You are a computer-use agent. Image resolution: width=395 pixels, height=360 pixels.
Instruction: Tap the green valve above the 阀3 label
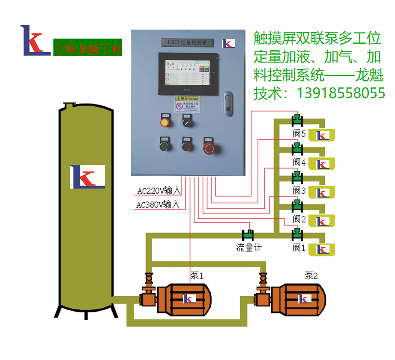[x=296, y=176]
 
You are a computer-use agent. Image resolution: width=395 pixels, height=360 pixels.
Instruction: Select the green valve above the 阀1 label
[x=296, y=234]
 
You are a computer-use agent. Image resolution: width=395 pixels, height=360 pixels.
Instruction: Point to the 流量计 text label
[x=249, y=248]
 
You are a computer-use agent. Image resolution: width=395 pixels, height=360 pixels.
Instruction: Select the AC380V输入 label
[x=159, y=205]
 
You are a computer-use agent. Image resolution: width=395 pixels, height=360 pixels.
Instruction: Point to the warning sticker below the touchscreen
[x=187, y=104]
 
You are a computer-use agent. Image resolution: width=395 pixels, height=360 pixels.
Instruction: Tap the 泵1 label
[x=197, y=276]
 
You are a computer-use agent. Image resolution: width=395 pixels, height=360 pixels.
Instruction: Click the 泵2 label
[x=311, y=276]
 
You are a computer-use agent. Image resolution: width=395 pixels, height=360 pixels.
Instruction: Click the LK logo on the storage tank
[x=87, y=177]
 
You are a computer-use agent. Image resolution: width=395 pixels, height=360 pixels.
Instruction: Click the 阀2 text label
[x=299, y=219]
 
